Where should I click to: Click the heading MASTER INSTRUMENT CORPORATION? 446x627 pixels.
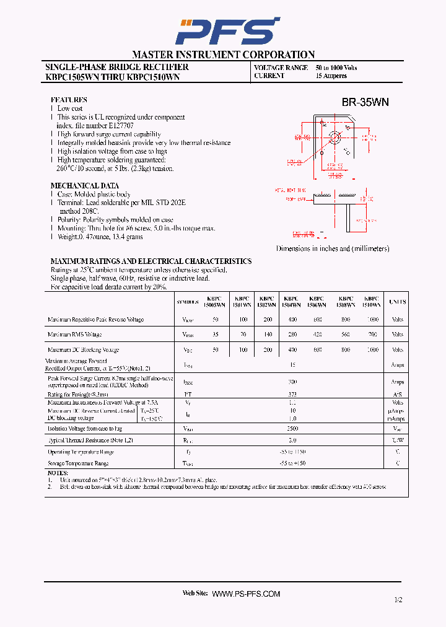(223, 55)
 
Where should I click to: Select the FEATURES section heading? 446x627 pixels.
(69, 100)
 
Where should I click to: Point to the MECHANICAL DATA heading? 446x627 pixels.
(84, 186)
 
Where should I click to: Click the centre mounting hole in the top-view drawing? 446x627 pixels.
(334, 137)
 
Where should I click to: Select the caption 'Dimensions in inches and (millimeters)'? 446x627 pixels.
(332, 248)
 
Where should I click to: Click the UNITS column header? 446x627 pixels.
(397, 302)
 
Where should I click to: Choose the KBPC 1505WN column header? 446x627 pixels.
(216, 302)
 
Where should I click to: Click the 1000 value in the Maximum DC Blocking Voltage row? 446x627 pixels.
(372, 350)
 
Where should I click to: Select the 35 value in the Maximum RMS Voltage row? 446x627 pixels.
(216, 335)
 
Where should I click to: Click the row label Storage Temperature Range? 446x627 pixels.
(78, 463)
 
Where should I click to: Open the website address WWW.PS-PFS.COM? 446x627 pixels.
(246, 594)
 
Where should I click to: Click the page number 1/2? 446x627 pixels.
(397, 600)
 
